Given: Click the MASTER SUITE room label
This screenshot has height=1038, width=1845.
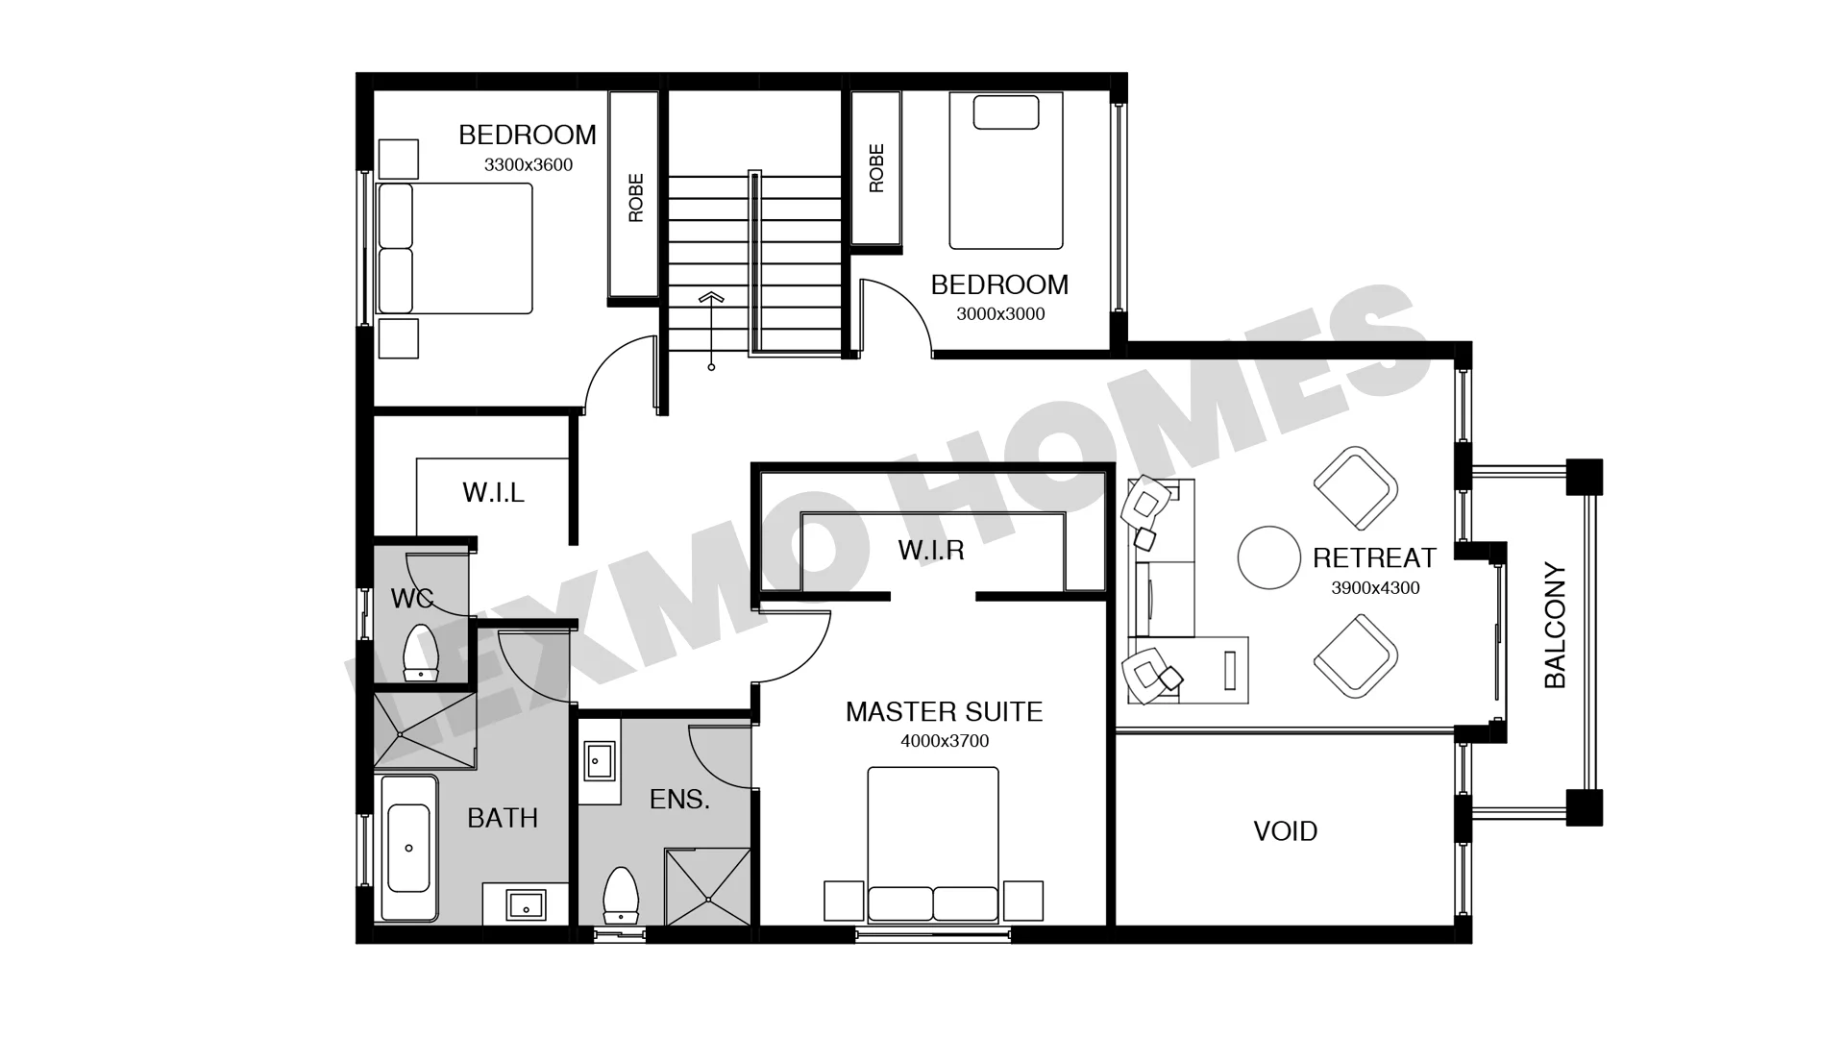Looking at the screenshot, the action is point(944,711).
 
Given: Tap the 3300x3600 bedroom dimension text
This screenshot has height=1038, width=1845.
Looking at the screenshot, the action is point(529,164).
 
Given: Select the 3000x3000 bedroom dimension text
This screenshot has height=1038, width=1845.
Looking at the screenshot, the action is point(1000,313).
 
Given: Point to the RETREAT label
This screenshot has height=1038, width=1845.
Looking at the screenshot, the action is point(1374,557).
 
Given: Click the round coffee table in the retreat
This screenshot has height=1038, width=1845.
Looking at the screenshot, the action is point(1269,557).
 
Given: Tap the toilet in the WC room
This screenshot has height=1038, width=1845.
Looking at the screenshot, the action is point(421,653).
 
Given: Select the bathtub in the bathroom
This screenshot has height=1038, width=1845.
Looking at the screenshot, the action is point(408,849).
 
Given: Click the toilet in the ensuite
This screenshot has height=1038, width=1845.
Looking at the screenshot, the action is point(621,896).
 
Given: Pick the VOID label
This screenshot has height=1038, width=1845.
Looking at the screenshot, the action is point(1285,831).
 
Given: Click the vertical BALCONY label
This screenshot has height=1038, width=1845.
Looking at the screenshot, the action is point(1555,626).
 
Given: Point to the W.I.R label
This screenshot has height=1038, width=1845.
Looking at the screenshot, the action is point(930,550).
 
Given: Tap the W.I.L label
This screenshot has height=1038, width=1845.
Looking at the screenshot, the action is point(493,492).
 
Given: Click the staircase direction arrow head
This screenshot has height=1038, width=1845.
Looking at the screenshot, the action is point(711,297).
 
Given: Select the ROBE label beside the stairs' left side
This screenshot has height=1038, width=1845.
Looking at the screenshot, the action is point(635,198).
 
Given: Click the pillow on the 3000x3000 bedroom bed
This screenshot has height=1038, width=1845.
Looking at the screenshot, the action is point(1006,112).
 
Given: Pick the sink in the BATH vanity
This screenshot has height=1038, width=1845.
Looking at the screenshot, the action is point(526,904).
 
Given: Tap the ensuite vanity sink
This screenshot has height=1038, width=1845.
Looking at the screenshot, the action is point(598,761).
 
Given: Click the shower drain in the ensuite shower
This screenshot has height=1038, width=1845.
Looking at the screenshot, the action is point(708,900).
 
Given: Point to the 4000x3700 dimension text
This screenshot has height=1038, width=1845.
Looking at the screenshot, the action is point(945,741).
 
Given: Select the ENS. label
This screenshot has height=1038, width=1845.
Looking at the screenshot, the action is point(679,799).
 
